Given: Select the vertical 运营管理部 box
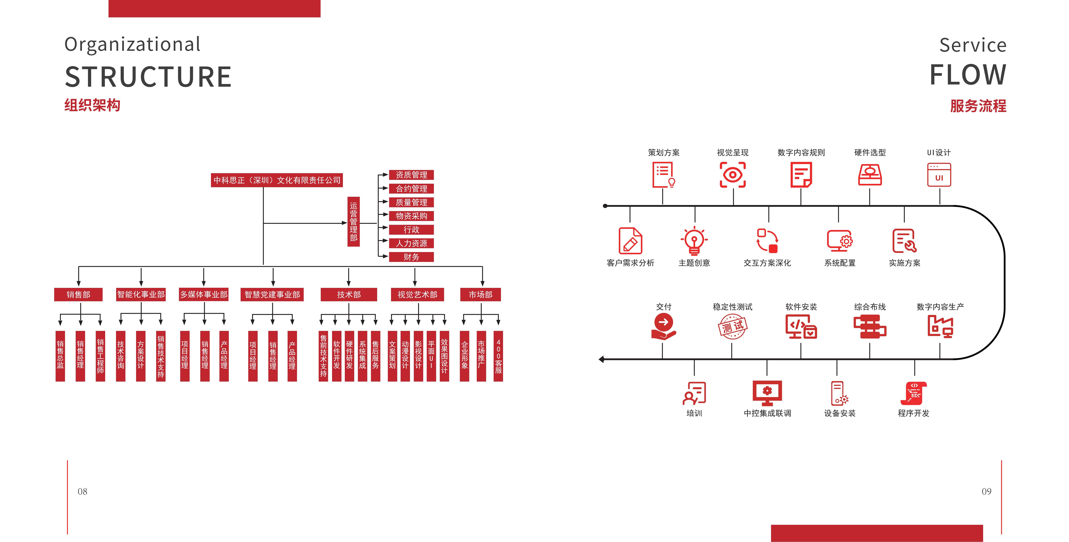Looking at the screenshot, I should (353, 222).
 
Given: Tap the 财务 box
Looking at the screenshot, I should (411, 257).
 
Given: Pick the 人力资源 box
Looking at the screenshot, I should (411, 243).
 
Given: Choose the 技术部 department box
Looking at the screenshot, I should (349, 294).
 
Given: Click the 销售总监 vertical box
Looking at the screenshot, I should (60, 356).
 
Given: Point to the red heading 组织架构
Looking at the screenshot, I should (92, 105).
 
